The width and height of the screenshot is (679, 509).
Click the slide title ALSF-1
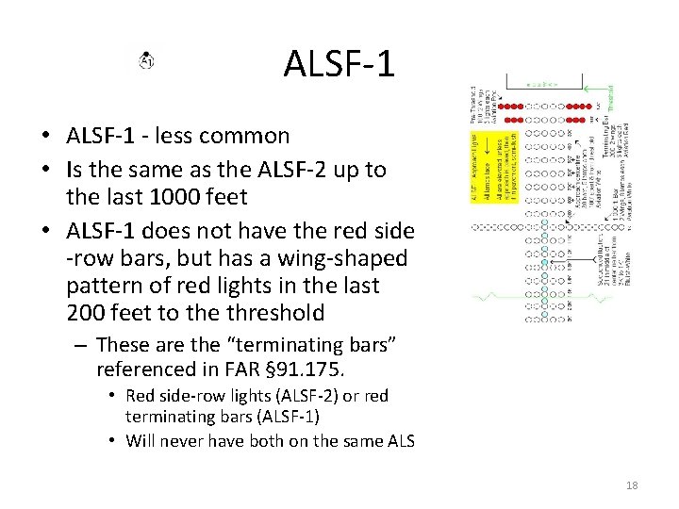click(x=339, y=64)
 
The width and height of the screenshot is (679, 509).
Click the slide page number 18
click(x=631, y=484)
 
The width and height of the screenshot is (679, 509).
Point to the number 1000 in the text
click(x=183, y=196)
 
